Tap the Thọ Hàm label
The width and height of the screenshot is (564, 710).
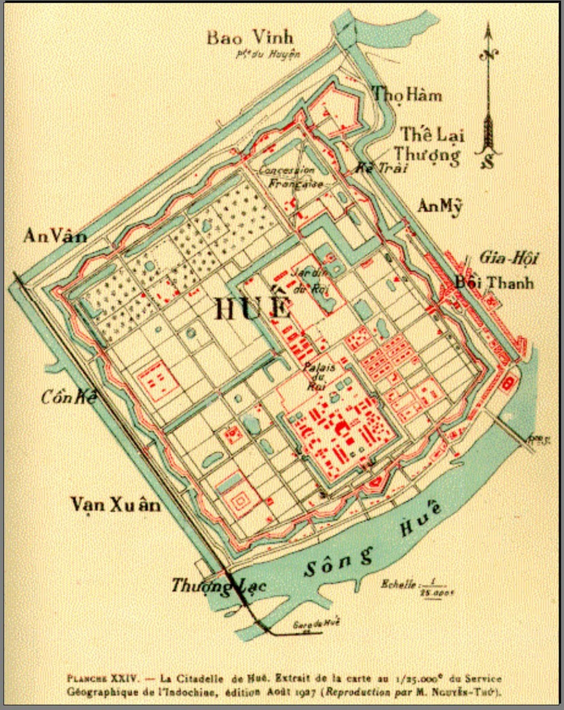(x=407, y=95)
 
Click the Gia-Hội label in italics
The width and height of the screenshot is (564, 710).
(x=508, y=258)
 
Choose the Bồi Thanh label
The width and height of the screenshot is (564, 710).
(x=494, y=282)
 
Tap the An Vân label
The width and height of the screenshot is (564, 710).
(x=54, y=236)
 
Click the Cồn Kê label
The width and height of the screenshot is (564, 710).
(x=69, y=397)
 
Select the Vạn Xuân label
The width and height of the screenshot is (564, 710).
(x=115, y=505)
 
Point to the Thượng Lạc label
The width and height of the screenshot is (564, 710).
(x=218, y=585)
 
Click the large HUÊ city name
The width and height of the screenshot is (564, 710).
(x=253, y=308)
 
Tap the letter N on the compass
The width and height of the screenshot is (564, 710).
(x=489, y=54)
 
